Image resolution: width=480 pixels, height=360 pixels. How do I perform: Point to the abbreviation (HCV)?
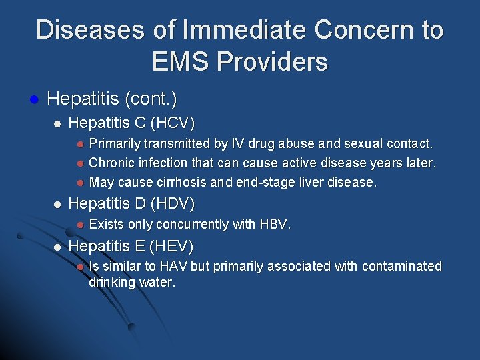tap(173, 123)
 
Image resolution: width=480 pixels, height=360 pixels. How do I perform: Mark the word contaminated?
tap(402, 267)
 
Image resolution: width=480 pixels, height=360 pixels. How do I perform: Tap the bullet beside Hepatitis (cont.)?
tap(33, 101)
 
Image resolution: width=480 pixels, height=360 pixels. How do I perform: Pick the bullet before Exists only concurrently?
tap(79, 225)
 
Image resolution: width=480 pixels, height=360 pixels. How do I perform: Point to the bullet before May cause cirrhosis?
tap(79, 183)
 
